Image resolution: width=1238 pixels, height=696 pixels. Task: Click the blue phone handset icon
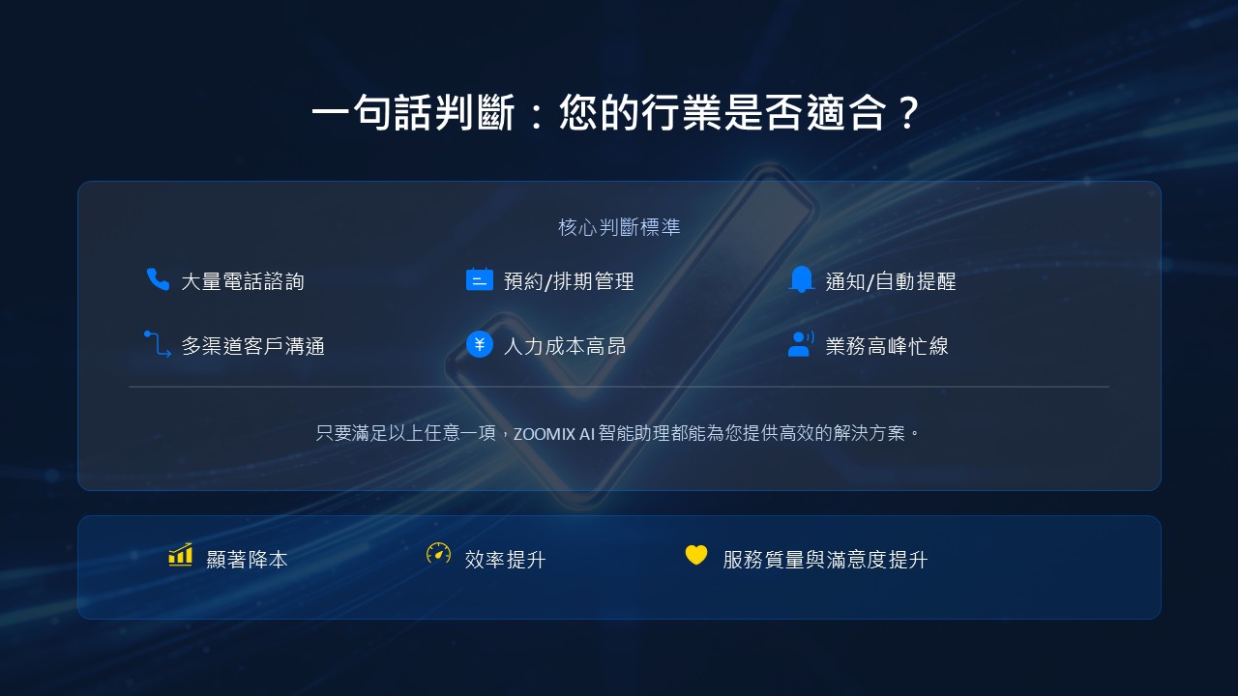pyautogui.click(x=158, y=279)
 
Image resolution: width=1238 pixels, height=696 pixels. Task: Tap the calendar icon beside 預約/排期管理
pyautogui.click(x=479, y=279)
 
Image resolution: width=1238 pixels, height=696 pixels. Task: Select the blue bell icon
pyautogui.click(x=802, y=279)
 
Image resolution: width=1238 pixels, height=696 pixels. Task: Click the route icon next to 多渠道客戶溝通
pyautogui.click(x=158, y=344)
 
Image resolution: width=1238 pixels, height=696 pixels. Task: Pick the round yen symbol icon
pyautogui.click(x=479, y=344)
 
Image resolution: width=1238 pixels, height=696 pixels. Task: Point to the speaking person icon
pyautogui.click(x=801, y=344)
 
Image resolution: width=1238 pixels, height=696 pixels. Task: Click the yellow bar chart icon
pyautogui.click(x=181, y=555)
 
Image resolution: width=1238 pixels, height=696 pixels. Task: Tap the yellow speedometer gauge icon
pyautogui.click(x=438, y=554)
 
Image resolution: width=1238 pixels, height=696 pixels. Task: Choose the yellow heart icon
pyautogui.click(x=696, y=555)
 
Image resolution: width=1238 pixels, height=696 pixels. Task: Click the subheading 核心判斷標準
pyautogui.click(x=619, y=227)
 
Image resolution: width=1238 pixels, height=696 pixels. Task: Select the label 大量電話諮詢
pyautogui.click(x=243, y=281)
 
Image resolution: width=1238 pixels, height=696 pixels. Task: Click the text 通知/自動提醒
pyautogui.click(x=891, y=281)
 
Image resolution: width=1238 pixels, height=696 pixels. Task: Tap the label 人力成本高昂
pyautogui.click(x=565, y=346)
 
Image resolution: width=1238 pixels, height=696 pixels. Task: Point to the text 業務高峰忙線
pyautogui.click(x=887, y=346)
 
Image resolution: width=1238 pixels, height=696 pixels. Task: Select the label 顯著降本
pyautogui.click(x=247, y=560)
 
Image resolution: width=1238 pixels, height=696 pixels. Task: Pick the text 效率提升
pyautogui.click(x=505, y=560)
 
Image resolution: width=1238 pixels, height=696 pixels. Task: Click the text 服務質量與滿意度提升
pyautogui.click(x=825, y=560)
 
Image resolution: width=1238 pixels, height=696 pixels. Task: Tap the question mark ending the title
pyautogui.click(x=908, y=113)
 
